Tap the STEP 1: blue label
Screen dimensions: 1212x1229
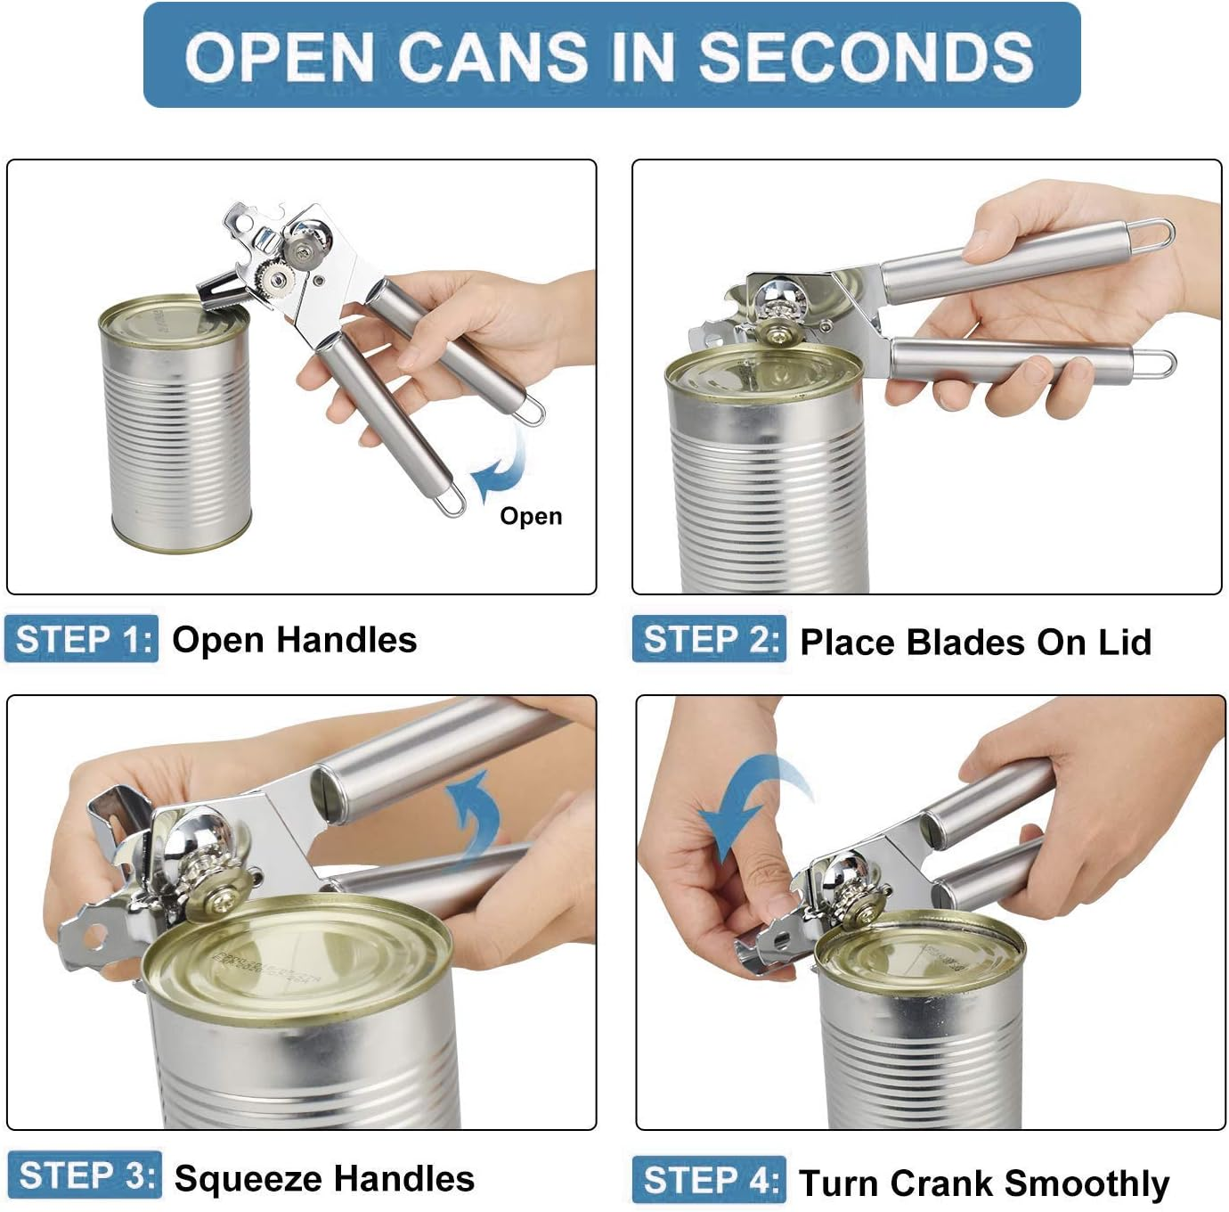click(x=82, y=639)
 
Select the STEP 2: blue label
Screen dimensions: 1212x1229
click(x=710, y=639)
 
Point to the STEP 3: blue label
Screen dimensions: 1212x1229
click(x=85, y=1175)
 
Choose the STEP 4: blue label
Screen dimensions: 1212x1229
click(x=710, y=1180)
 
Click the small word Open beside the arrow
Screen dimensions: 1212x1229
click(x=531, y=516)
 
